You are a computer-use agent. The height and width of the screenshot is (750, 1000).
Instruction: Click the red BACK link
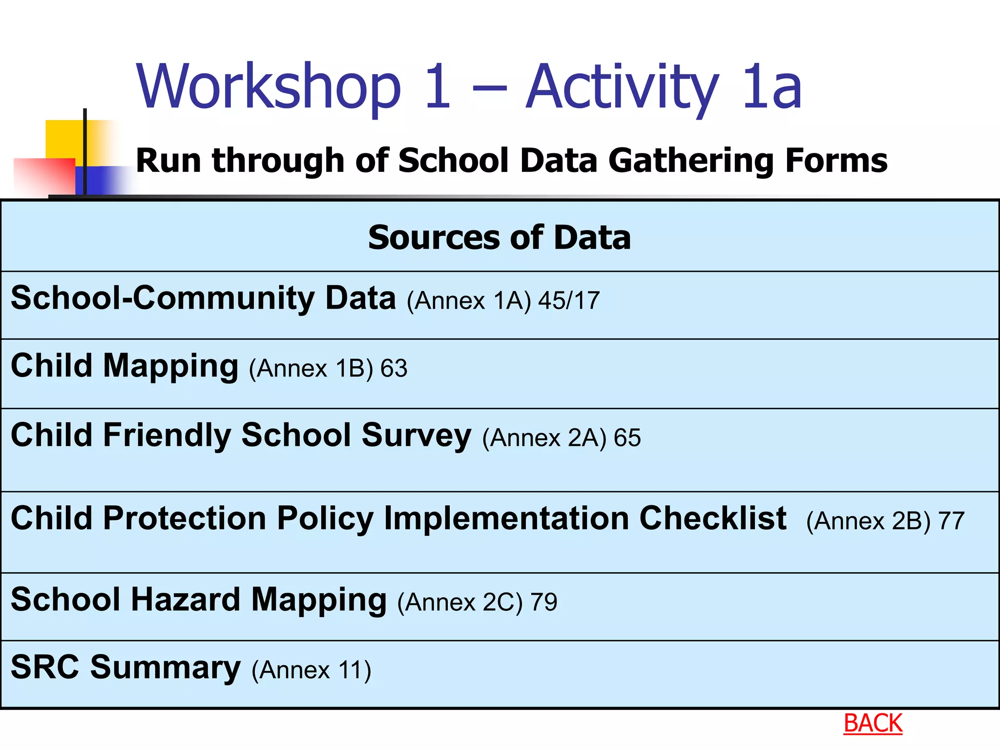(873, 723)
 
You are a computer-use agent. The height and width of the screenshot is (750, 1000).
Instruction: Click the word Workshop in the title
(269, 87)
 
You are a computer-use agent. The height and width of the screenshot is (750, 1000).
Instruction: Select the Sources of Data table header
(500, 238)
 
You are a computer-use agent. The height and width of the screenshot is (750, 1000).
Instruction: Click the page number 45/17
(569, 300)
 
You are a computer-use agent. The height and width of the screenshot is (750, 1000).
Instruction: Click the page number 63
(394, 368)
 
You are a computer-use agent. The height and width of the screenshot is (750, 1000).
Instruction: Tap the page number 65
(627, 437)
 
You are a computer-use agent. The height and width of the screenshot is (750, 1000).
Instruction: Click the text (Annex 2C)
(459, 602)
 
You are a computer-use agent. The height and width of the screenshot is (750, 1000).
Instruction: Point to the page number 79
(544, 602)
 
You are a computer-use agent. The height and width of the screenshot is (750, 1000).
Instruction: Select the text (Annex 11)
(311, 669)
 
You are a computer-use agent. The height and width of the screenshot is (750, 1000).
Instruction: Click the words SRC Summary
(125, 667)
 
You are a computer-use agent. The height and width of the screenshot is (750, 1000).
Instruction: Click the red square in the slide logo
(44, 176)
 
